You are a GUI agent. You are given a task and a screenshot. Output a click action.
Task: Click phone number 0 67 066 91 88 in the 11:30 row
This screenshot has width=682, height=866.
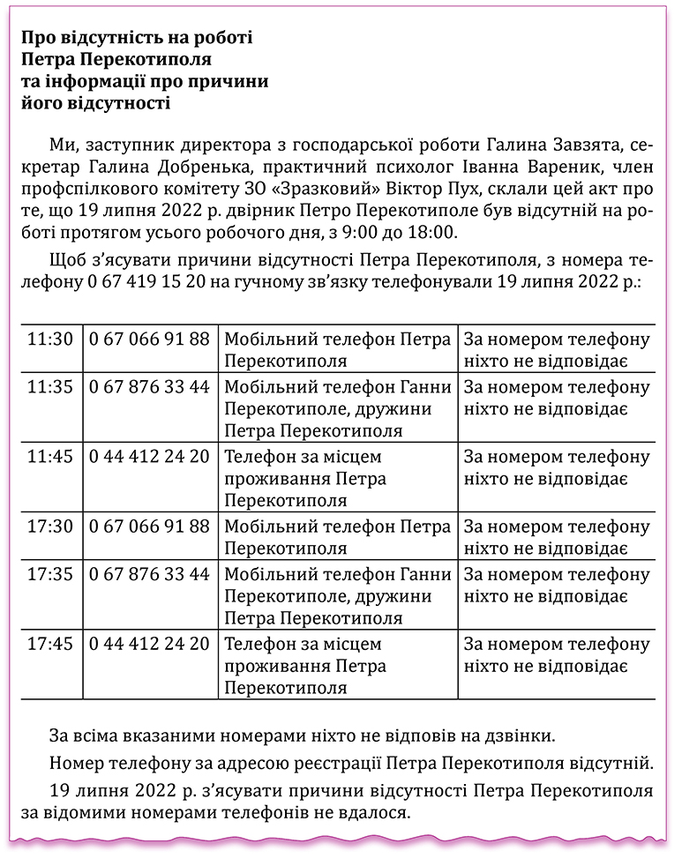click(149, 340)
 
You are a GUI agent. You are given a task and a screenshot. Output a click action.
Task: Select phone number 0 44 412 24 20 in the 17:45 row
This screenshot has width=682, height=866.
click(149, 644)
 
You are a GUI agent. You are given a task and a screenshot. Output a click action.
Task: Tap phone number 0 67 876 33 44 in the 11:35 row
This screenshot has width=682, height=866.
click(149, 387)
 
